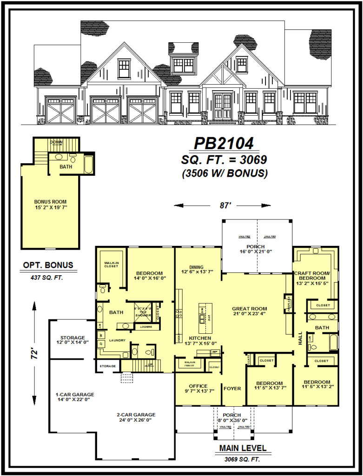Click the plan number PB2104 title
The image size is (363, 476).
tap(224, 144)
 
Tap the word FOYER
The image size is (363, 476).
tap(232, 388)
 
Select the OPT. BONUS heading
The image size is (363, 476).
tap(48, 265)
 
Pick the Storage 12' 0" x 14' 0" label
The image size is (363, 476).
tap(72, 340)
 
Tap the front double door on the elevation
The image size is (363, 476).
tap(222, 106)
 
